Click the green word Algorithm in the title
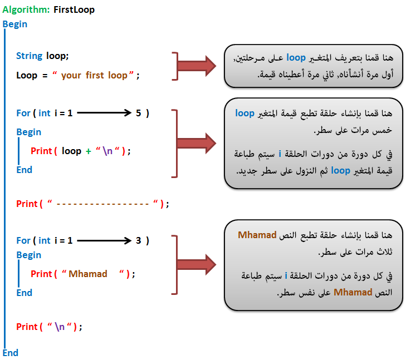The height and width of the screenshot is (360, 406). click(x=26, y=10)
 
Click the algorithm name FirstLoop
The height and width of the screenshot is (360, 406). click(x=74, y=9)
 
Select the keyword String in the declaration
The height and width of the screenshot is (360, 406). click(x=30, y=56)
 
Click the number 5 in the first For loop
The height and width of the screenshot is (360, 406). click(x=139, y=113)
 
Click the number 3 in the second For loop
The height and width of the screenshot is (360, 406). click(x=139, y=240)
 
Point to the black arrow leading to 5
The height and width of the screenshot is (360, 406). click(x=104, y=113)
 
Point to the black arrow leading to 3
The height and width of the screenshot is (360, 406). click(x=104, y=240)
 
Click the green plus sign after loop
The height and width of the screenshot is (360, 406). click(x=89, y=151)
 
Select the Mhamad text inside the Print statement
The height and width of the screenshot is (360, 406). click(x=88, y=274)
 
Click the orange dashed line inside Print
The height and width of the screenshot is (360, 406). click(x=102, y=204)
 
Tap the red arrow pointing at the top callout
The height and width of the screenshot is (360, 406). click(x=197, y=66)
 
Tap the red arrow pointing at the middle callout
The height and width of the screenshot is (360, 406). click(x=197, y=143)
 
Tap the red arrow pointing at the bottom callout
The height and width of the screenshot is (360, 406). click(x=197, y=264)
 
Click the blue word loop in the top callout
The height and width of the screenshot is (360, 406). click(x=296, y=58)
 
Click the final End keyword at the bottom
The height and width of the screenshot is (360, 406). click(x=11, y=353)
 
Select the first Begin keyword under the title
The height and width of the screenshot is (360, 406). click(x=15, y=24)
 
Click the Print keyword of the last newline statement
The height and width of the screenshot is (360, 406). click(x=27, y=327)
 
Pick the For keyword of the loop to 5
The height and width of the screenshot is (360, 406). click(x=23, y=113)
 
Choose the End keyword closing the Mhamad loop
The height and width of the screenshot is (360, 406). click(x=25, y=293)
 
